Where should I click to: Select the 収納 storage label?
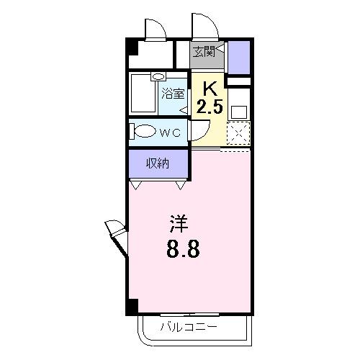tap(158, 163)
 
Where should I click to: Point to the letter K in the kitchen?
tap(210, 89)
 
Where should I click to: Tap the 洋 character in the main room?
tap(179, 222)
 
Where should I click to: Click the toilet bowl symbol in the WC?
tap(145, 132)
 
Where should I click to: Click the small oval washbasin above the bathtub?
tap(158, 76)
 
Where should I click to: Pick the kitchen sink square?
tap(238, 112)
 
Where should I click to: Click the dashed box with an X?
tap(238, 133)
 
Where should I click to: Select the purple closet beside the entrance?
tap(238, 56)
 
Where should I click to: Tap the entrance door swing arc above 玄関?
tap(204, 27)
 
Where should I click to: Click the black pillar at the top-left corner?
tap(131, 46)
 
